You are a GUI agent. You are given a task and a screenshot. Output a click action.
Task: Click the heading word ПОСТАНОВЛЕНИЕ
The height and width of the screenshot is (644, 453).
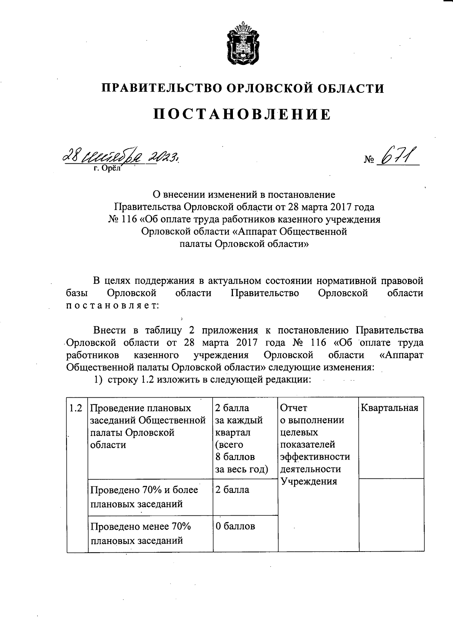coord(242,114)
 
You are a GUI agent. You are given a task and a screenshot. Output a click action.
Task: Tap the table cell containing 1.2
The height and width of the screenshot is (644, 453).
coord(76,408)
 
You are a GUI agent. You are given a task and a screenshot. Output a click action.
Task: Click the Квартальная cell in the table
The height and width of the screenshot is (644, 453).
coord(390,408)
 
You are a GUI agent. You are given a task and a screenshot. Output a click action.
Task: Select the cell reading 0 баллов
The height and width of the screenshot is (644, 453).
coord(235,526)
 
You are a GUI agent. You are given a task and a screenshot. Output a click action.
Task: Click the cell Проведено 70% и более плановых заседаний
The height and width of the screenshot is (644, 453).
coord(144,496)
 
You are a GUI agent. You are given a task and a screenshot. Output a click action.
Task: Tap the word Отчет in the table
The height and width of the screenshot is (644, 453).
coord(294,408)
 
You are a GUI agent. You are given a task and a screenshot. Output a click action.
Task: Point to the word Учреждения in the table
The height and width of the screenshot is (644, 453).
coord(309,481)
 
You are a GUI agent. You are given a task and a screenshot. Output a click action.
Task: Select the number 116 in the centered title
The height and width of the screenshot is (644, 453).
coord(128,220)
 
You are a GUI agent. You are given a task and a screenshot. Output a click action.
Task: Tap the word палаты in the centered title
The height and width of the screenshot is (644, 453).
coord(195,244)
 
